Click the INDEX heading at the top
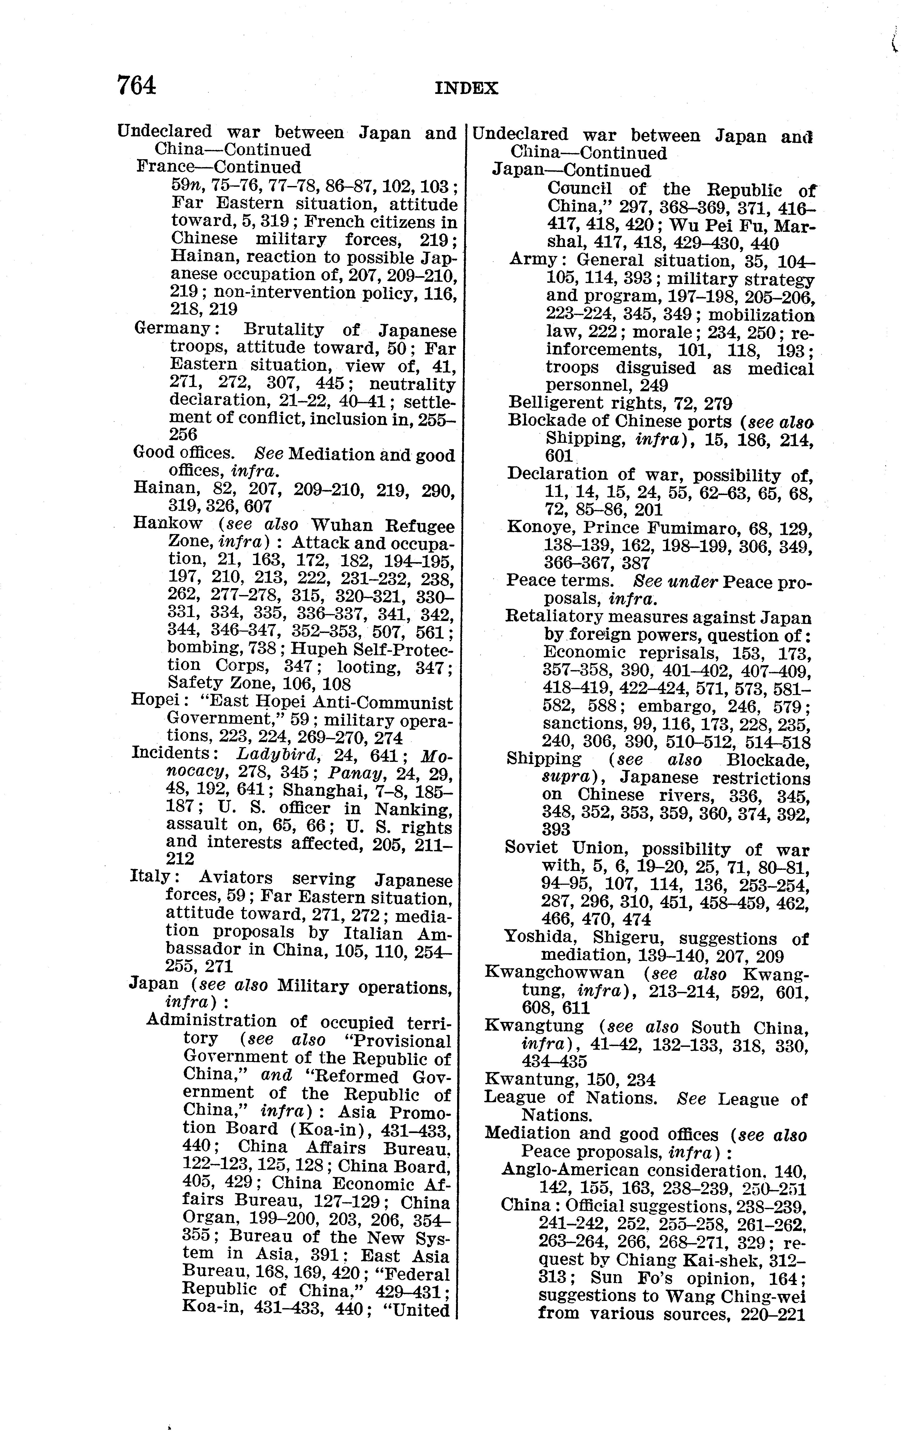(x=466, y=89)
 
